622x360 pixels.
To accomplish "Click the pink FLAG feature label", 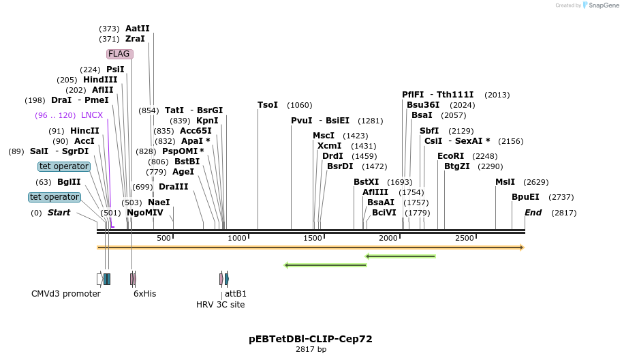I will point(119,54).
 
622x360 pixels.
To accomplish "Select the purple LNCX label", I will point(92,115).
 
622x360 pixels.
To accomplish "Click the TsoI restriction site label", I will point(268,105).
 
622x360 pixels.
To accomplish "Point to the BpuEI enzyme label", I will point(525,197).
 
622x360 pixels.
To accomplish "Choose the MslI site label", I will point(506,182).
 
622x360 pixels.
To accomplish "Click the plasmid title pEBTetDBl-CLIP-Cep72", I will point(311,339).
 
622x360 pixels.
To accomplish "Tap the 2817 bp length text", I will point(311,350).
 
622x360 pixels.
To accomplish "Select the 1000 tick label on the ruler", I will point(237,238).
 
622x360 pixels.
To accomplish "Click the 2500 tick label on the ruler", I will point(464,238).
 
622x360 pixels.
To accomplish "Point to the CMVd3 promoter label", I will point(66,294).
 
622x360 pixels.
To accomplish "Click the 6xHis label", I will point(145,294).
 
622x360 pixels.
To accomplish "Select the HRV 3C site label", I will point(220,305).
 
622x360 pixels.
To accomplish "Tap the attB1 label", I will point(236,294).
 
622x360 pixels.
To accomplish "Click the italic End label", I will point(533,213).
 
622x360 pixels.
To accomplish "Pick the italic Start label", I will point(59,213).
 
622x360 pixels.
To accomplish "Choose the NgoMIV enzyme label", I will point(145,213).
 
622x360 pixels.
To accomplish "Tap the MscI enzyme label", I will point(324,136).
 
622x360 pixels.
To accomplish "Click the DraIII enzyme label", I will point(173,187).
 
